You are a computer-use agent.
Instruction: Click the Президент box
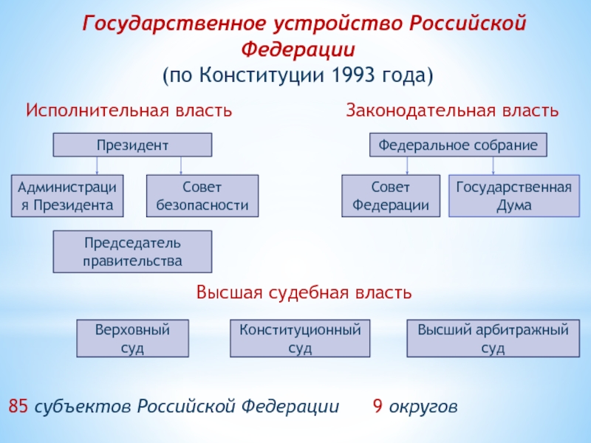point(132,145)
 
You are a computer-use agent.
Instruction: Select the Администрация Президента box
point(67,196)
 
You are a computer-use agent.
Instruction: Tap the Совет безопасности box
point(202,196)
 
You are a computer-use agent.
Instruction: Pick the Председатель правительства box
point(132,252)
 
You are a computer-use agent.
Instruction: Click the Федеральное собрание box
point(458,145)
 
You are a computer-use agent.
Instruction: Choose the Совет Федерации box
point(391,196)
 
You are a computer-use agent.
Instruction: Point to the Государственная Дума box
point(514,196)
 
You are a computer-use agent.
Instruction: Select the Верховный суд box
point(132,338)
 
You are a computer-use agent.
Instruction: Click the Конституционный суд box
point(300,338)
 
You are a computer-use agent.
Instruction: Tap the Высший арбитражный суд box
point(493,338)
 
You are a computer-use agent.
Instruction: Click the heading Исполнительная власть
point(129,111)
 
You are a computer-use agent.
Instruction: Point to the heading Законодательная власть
point(452,111)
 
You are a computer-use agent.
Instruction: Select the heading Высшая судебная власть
point(304,292)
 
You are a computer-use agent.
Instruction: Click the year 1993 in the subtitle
point(354,75)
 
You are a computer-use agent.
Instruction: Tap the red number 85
point(18,406)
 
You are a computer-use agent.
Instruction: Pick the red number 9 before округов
point(378,406)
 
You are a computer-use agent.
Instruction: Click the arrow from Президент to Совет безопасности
point(181,165)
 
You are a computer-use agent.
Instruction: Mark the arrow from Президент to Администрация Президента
point(97,165)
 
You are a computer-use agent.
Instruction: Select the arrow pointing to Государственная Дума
point(493,165)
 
